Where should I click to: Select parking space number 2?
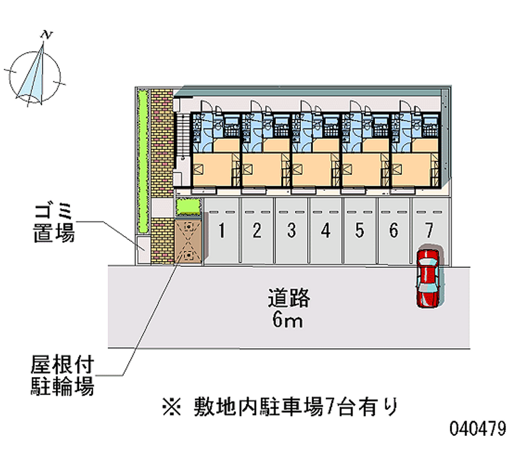point(257,230)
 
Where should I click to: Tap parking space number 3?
point(291,230)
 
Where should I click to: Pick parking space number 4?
point(326,230)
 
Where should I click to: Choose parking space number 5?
point(360,230)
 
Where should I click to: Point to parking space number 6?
point(395,230)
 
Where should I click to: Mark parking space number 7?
point(429,230)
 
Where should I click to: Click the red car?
point(428,278)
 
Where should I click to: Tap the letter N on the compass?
point(45,33)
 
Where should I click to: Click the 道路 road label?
point(288,297)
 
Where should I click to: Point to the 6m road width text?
point(288,320)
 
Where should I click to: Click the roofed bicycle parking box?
point(189,239)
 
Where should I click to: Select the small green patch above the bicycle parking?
point(188,207)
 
